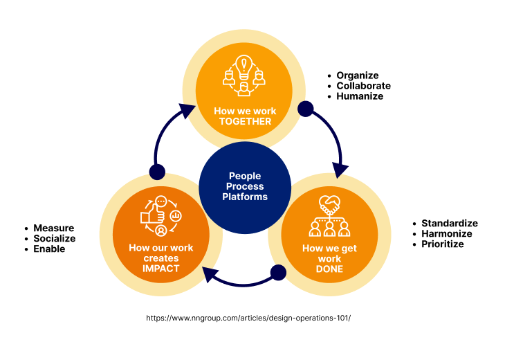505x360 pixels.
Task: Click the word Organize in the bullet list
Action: (358, 75)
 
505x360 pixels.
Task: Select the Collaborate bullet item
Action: (363, 86)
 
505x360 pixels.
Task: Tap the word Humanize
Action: (360, 96)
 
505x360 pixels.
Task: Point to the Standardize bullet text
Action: (450, 223)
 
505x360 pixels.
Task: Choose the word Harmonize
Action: (447, 233)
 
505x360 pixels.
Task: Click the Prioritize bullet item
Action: (443, 244)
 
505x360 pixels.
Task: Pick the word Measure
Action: (54, 228)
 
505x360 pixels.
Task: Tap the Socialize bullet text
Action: (55, 238)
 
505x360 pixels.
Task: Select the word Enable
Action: (49, 249)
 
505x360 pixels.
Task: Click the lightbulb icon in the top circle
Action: (244, 66)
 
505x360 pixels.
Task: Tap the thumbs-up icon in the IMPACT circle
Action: (153, 215)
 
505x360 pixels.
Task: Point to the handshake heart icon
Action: (329, 205)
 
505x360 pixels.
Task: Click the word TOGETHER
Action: (245, 122)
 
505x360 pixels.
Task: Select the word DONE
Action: (329, 269)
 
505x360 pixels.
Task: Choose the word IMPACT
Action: (160, 269)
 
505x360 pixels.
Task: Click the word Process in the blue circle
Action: (245, 186)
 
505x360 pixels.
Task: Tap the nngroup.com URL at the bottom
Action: (248, 318)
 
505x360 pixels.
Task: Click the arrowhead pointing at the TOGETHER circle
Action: (186, 111)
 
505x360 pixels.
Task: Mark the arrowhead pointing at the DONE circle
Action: (340, 170)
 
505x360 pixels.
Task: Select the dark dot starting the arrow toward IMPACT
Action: (278, 273)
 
